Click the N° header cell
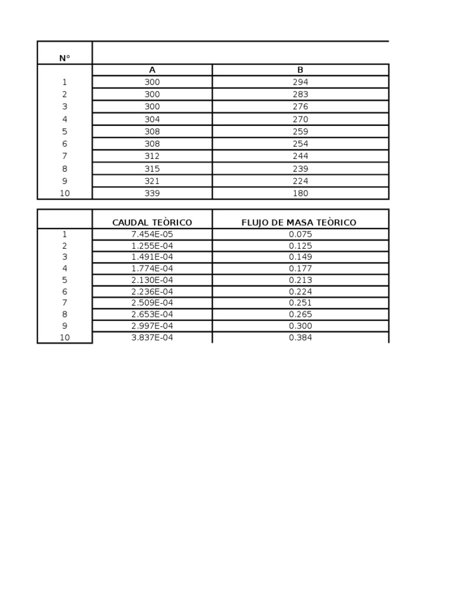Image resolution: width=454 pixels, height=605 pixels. (x=64, y=58)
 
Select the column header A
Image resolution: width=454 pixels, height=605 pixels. (x=153, y=70)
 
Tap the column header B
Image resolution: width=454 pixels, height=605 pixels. (x=300, y=70)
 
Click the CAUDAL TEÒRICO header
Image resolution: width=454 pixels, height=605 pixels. (x=153, y=223)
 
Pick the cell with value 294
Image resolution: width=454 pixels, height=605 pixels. (x=300, y=82)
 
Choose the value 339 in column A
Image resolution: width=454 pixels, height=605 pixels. (x=153, y=193)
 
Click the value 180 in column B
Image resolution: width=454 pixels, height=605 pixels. (x=300, y=193)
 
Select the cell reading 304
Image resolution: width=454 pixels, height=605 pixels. (x=153, y=119)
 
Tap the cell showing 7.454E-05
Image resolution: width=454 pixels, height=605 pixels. (x=153, y=234)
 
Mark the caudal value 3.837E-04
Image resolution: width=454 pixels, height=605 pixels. (x=153, y=338)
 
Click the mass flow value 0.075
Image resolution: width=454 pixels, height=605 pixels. (x=300, y=234)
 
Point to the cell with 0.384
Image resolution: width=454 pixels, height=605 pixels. (x=300, y=338)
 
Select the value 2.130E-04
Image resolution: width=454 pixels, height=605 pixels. (x=153, y=280)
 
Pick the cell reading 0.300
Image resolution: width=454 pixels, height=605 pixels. (x=300, y=326)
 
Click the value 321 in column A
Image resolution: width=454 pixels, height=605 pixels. (x=153, y=181)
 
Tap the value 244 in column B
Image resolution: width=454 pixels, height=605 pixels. (x=300, y=156)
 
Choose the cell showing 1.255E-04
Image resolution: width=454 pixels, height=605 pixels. (x=153, y=246)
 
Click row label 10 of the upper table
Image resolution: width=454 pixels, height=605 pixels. (x=64, y=193)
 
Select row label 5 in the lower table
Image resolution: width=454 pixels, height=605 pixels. (x=64, y=280)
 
